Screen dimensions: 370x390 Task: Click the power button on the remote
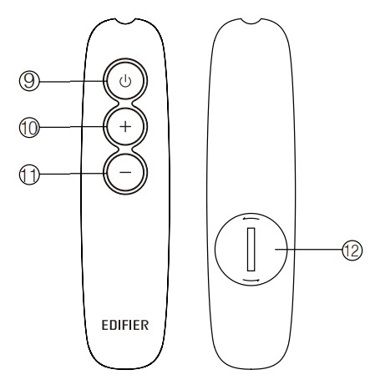coord(125,80)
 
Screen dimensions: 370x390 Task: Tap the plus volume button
coord(125,127)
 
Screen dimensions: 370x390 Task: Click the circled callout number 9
coord(29,81)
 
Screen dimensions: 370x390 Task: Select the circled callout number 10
coord(29,128)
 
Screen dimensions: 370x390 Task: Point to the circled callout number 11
coord(29,175)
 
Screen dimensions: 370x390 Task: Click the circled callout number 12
coord(352,250)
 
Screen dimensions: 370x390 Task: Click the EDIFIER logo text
coord(125,325)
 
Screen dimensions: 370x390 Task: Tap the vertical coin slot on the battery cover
coord(251,249)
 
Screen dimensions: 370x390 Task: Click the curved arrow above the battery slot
coord(251,219)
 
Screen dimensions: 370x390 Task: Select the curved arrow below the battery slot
coord(251,281)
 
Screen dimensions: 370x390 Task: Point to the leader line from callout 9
coord(73,81)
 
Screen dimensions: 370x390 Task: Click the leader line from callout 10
coord(73,127)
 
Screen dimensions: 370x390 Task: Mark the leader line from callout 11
coord(73,174)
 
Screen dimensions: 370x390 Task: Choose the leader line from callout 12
coord(308,250)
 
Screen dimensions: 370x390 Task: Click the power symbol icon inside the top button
coord(125,81)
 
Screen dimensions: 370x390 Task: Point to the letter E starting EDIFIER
coord(105,325)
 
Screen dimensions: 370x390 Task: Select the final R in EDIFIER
coord(144,325)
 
